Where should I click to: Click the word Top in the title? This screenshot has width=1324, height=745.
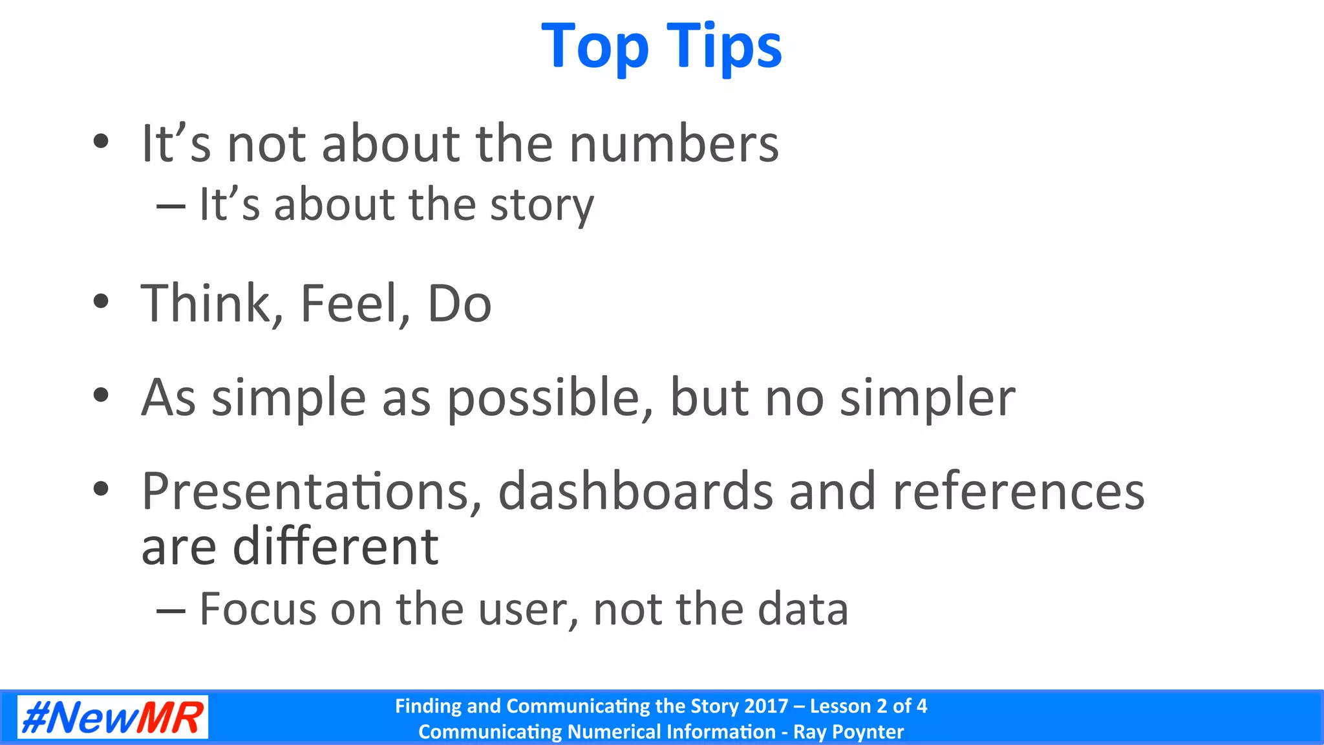pyautogui.click(x=595, y=47)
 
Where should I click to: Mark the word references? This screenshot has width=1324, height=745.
pyautogui.click(x=1018, y=491)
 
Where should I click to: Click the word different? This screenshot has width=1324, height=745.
pyautogui.click(x=336, y=547)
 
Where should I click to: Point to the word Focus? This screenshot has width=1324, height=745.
pyautogui.click(x=258, y=609)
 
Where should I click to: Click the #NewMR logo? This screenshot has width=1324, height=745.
pyautogui.click(x=112, y=717)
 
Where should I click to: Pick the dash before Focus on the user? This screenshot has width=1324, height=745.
pyautogui.click(x=171, y=610)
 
